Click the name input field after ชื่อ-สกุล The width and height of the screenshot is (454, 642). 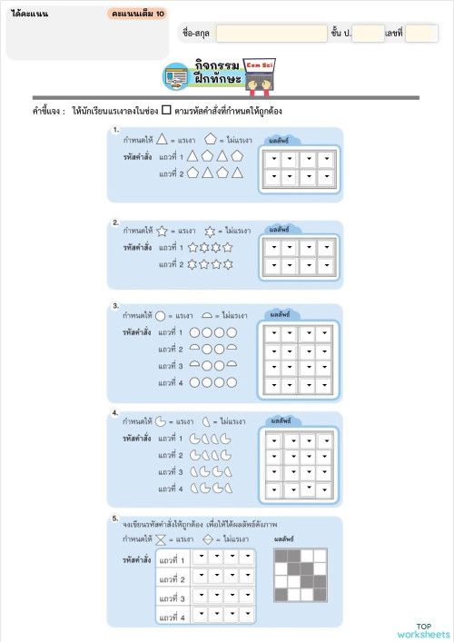coord(271,34)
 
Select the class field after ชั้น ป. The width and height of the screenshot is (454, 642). coord(368,34)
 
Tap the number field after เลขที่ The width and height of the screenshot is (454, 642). coord(421,34)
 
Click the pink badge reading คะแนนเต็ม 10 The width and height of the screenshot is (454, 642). coord(136,15)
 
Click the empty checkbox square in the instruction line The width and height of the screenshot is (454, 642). coord(166,111)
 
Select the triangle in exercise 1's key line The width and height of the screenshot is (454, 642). coord(162,140)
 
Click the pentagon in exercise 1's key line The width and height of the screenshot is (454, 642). coord(211,140)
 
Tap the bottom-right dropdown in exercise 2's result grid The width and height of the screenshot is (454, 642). coord(328,267)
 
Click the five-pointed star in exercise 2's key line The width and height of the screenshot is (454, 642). coord(162,232)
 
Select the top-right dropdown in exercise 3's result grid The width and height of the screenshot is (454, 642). coord(328,333)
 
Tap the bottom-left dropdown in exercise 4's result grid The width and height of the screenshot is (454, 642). coord(271,489)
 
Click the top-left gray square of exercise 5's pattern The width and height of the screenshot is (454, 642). coord(280,554)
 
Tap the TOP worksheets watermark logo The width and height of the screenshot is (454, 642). coord(424,630)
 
